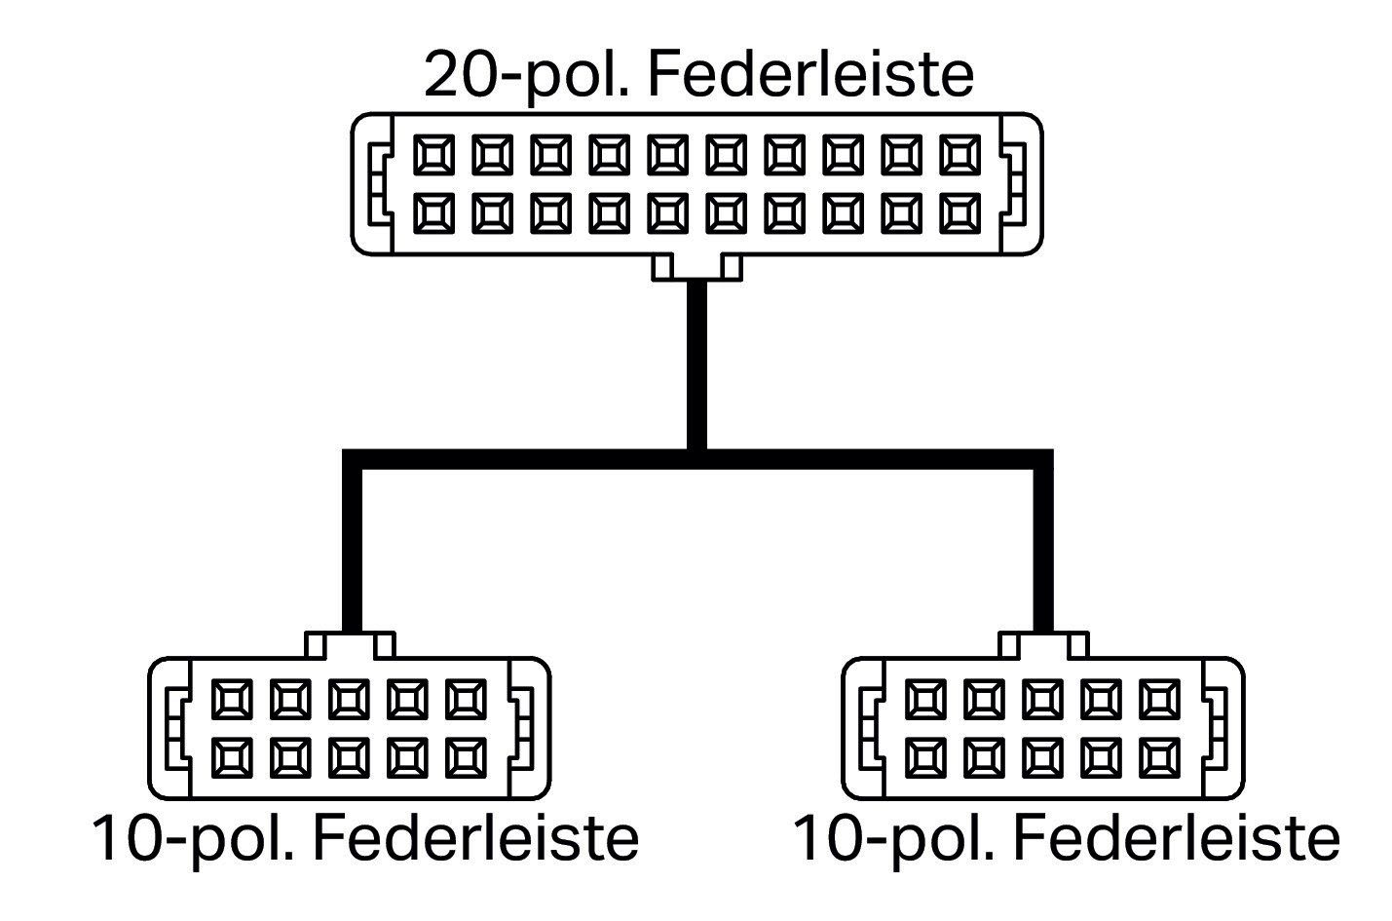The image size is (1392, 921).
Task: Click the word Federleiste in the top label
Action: pos(810,74)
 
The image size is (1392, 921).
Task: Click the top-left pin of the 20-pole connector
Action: pos(433,155)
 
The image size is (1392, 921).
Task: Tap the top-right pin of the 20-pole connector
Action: pos(960,155)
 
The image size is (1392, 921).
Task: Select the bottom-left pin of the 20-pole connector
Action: pos(433,213)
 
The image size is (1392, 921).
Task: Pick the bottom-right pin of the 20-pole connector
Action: pos(960,213)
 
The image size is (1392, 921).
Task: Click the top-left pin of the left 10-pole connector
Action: pos(232,700)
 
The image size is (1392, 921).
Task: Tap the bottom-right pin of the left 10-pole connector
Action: pos(466,758)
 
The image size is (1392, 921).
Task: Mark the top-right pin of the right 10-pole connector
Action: pos(1159,700)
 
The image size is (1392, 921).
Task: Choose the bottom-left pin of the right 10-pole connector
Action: pos(926,758)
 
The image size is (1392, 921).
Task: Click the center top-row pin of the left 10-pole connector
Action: pos(349,700)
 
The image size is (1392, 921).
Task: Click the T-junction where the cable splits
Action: pos(696,459)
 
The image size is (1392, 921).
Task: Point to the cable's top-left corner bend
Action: pos(353,459)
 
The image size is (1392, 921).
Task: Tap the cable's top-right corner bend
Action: pos(1042,459)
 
